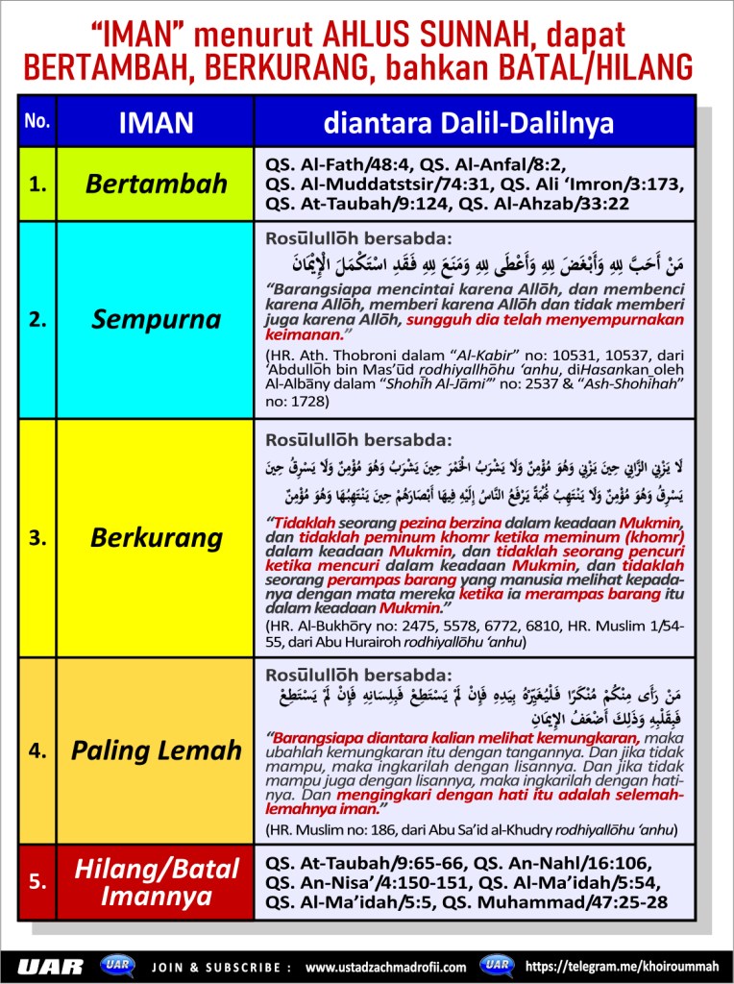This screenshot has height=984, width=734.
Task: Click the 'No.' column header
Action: pyautogui.click(x=37, y=122)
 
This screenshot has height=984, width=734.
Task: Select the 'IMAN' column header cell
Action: pyautogui.click(x=156, y=122)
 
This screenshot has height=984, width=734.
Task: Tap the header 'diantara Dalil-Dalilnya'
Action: pyautogui.click(x=468, y=122)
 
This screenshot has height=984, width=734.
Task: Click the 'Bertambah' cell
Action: pyautogui.click(x=156, y=184)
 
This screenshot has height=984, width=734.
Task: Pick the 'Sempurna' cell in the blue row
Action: pyautogui.click(x=156, y=319)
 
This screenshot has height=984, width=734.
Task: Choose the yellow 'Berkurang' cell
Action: pyautogui.click(x=156, y=537)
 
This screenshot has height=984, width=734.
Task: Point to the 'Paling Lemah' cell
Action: pyautogui.click(x=156, y=750)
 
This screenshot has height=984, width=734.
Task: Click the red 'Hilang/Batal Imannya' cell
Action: pyautogui.click(x=156, y=882)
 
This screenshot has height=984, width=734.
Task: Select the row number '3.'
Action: pyautogui.click(x=37, y=538)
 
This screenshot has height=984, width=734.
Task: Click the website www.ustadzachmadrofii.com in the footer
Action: pyautogui.click(x=385, y=966)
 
